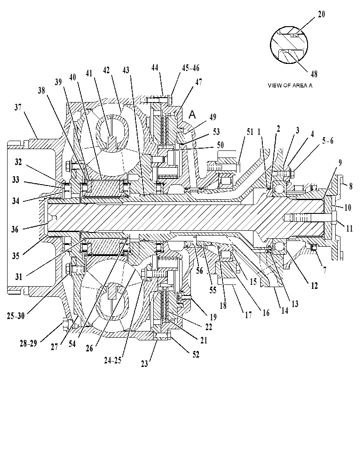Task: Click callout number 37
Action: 18,107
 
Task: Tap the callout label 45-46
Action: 190,68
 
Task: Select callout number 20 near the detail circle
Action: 321,14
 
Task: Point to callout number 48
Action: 314,74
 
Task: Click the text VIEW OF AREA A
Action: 290,86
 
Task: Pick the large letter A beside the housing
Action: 192,114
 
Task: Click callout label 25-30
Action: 16,316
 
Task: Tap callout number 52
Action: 196,354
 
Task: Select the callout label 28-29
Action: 28,343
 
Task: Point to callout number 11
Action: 349,229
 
